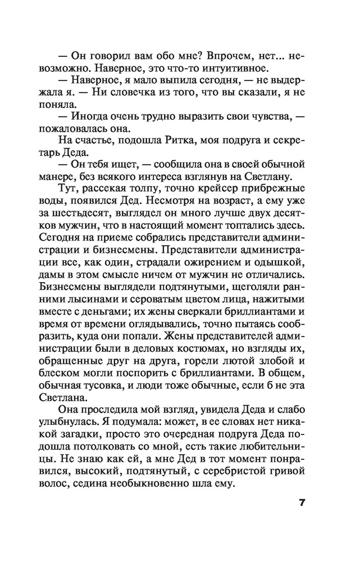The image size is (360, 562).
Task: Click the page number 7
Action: click(302, 502)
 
